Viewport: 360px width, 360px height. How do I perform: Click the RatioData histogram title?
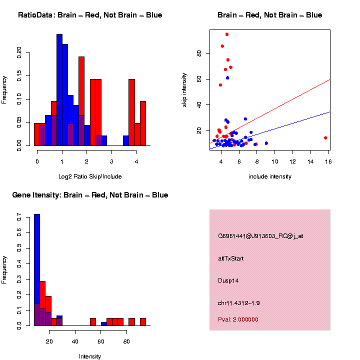coord(90,15)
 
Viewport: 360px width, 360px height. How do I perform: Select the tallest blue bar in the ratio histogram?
coord(59,90)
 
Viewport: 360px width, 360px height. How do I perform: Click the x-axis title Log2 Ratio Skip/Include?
coord(90,176)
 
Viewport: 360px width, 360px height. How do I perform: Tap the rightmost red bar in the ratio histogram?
coord(143,123)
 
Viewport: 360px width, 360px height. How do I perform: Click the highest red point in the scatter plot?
coord(227,34)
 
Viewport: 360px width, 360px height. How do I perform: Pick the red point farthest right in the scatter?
coord(325,137)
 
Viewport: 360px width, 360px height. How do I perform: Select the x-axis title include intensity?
coord(270,176)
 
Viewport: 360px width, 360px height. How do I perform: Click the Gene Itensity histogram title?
coord(90,195)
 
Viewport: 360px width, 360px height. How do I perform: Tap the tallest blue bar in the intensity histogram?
coord(37,270)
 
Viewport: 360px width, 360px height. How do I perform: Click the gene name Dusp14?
coord(228,280)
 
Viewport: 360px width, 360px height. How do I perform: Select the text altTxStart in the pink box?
coord(231,258)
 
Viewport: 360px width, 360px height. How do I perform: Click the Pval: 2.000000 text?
coord(238,319)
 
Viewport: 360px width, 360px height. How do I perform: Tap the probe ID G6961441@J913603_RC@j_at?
coord(260,236)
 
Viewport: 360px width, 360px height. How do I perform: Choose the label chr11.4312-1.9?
coord(238,303)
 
